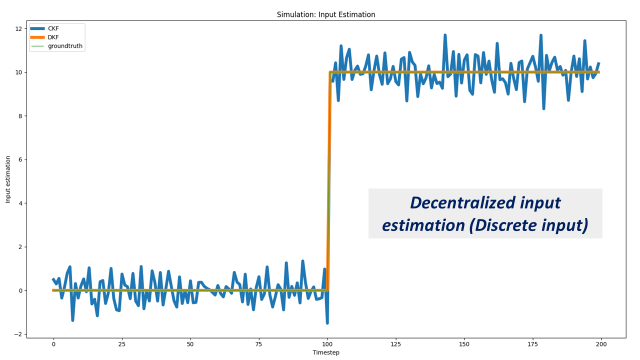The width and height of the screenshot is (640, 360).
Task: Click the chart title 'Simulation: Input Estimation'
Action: coord(326,14)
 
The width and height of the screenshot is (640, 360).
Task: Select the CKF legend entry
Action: coord(53,28)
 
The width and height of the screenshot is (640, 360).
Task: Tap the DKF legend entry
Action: coord(53,37)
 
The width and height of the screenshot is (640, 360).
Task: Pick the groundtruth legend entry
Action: coord(65,46)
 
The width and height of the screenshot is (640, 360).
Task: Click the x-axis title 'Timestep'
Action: coord(326,352)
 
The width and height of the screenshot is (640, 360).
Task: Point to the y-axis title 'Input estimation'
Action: coord(8,179)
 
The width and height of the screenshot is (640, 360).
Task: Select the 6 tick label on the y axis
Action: coord(19,159)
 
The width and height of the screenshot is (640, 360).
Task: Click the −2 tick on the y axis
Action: coord(18,334)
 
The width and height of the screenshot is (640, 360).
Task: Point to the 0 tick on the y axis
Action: coord(19,290)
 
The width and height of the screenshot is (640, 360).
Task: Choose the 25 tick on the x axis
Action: coord(121,344)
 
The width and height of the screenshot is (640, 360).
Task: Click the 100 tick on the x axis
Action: coord(327,344)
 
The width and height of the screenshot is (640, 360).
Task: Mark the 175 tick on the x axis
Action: coord(532,344)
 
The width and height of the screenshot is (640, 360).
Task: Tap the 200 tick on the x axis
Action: coord(601,344)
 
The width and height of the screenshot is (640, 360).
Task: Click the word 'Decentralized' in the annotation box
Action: coord(456,202)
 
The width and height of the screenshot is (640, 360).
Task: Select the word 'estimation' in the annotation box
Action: coord(423,225)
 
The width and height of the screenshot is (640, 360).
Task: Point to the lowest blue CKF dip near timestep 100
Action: coord(327,323)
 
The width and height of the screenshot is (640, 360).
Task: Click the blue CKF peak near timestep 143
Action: coord(445,35)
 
